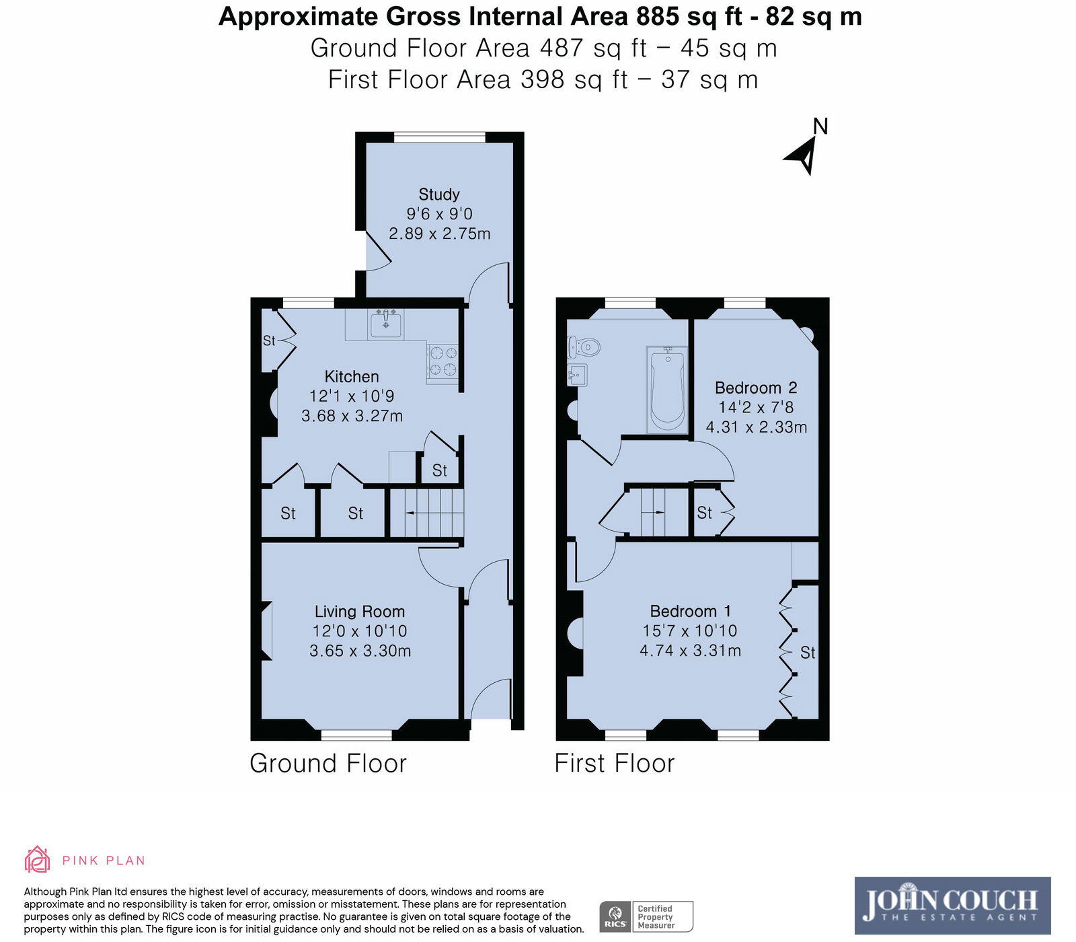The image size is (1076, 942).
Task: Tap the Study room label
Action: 439,194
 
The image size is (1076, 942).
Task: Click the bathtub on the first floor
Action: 667,389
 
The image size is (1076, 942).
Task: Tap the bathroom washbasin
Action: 577,375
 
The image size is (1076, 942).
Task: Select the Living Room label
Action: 360,612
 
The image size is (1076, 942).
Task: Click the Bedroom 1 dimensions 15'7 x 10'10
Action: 690,631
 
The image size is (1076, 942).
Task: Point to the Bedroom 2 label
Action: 756,388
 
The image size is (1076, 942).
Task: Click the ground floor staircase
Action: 428,513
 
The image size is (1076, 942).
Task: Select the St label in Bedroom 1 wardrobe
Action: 808,653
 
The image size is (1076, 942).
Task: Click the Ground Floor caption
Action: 328,764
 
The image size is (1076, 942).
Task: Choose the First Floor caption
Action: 614,764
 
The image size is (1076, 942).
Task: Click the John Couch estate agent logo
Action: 952,905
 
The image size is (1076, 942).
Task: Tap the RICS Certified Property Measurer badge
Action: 646,916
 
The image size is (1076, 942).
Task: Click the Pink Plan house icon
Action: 37,859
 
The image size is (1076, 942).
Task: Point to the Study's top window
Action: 439,137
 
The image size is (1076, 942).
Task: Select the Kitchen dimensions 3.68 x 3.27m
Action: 352,416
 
